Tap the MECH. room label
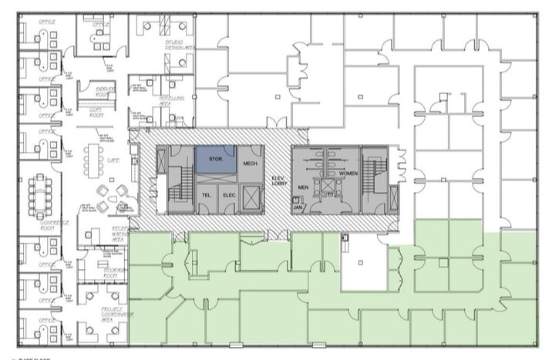pyautogui.click(x=250, y=163)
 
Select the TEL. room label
pyautogui.click(x=206, y=195)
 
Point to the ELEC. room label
pyautogui.click(x=229, y=195)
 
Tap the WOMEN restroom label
pyautogui.click(x=348, y=174)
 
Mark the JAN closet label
pyautogui.click(x=298, y=207)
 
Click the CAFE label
pyautogui.click(x=112, y=160)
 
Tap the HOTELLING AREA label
pyautogui.click(x=173, y=101)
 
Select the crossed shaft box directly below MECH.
pyautogui.click(x=249, y=195)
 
